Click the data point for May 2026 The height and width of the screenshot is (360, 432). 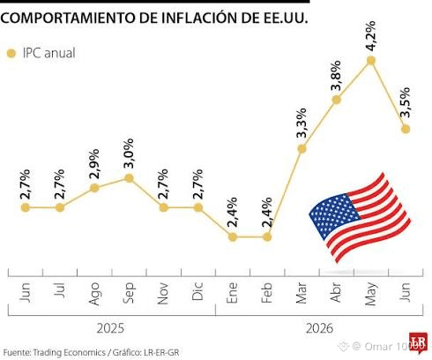click(371, 60)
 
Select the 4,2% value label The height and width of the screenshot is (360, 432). click(371, 36)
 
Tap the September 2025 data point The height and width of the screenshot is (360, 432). click(129, 178)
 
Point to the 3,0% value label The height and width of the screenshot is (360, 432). click(129, 154)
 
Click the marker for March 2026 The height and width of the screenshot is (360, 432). click(302, 149)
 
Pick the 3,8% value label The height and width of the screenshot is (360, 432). click(336, 76)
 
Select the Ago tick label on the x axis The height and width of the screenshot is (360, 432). click(94, 294)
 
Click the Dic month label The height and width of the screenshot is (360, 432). click(197, 291)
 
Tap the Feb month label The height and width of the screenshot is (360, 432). click(267, 293)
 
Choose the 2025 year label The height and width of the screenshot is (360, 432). click(110, 328)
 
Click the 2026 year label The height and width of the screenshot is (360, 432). click(319, 328)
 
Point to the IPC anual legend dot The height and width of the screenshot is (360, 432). click(11, 54)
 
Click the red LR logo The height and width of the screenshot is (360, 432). click(418, 341)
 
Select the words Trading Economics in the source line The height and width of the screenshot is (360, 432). click(69, 352)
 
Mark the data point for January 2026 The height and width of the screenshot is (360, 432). click(233, 236)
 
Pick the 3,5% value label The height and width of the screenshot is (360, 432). click(406, 102)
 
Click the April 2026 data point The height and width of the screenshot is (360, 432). click(337, 100)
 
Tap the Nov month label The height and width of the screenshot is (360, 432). click(163, 293)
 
